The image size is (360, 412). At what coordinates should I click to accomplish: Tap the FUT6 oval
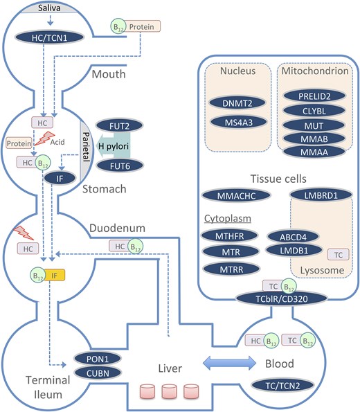[125, 166]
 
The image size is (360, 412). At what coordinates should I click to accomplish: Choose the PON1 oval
[96, 360]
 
